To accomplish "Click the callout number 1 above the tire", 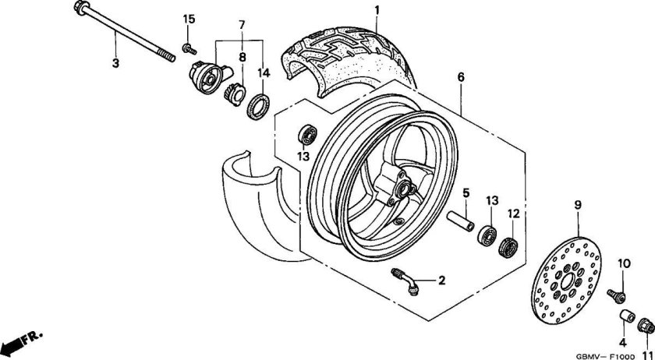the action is pyautogui.click(x=377, y=9).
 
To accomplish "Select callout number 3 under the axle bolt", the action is pyautogui.click(x=115, y=63).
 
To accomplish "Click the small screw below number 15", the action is pyautogui.click(x=189, y=48).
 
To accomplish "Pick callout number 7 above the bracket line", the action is pyautogui.click(x=242, y=25).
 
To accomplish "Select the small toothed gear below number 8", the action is pyautogui.click(x=234, y=94).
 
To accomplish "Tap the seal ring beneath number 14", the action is pyautogui.click(x=258, y=107).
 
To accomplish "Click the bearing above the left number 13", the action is pyautogui.click(x=307, y=135).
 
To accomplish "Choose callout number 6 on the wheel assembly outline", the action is pyautogui.click(x=461, y=77).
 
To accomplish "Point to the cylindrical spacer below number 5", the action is pyautogui.click(x=461, y=221).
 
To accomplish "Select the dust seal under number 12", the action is pyautogui.click(x=508, y=247).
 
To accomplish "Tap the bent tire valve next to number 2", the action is pyautogui.click(x=405, y=281).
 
